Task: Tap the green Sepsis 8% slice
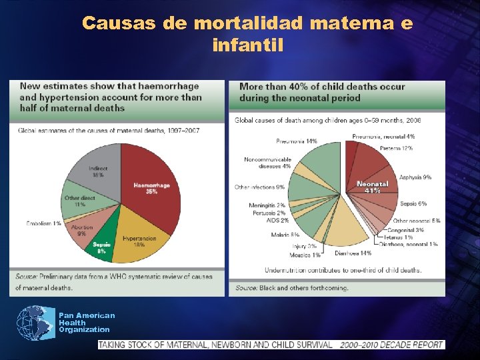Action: [x=103, y=247]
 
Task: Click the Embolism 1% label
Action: [x=44, y=223]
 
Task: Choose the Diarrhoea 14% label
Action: [x=353, y=253]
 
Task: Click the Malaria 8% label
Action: [x=285, y=235]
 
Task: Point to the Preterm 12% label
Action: [x=396, y=148]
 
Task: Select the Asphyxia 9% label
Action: [x=415, y=177]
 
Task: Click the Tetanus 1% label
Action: [x=397, y=237]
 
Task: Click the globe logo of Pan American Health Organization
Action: [x=35, y=322]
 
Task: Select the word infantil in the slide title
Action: [x=247, y=46]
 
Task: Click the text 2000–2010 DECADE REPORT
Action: [x=391, y=345]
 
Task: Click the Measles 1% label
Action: [x=305, y=255]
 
